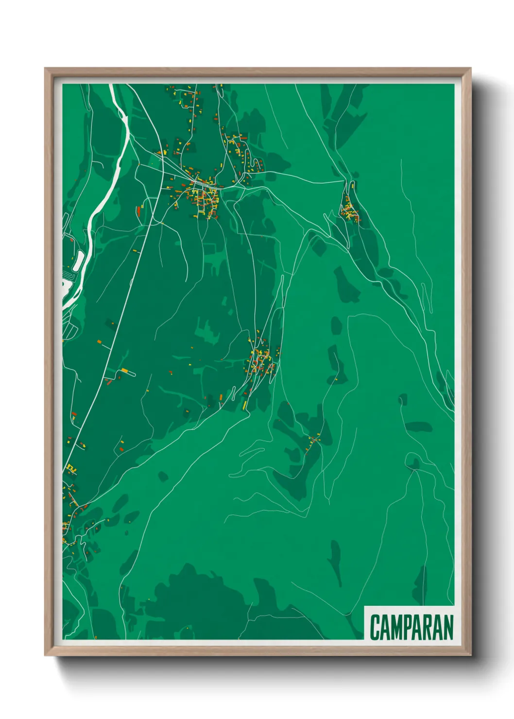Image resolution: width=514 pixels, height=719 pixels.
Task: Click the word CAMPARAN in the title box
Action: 411,627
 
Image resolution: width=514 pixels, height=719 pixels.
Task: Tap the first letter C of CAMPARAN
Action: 375,627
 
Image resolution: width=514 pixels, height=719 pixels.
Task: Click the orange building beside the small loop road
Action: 124,371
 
